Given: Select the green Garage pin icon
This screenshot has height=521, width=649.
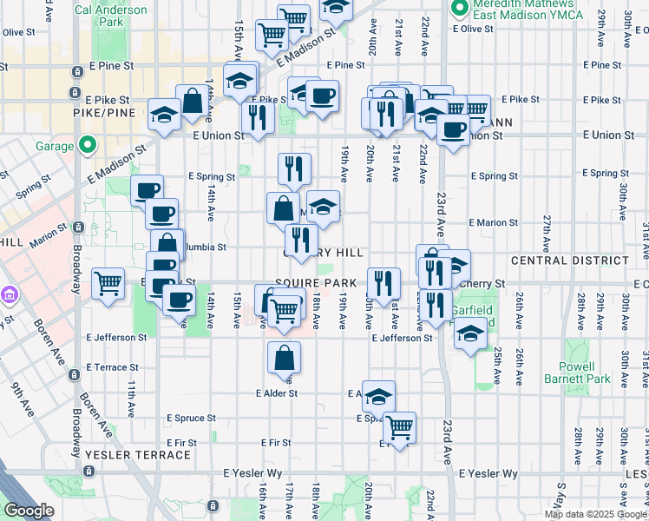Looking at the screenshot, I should pos(86,145).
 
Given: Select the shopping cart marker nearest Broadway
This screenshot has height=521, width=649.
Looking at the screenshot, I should pos(108,282).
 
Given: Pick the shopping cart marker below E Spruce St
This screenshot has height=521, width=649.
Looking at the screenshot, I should pos(399,426).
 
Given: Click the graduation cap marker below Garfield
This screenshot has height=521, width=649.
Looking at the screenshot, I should pos(470,333).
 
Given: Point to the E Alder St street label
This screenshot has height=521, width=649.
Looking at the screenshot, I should pos(277,392).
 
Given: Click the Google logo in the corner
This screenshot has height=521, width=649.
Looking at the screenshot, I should pos(29,511).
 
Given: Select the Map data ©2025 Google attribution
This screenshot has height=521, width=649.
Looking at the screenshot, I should pos(595,514).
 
